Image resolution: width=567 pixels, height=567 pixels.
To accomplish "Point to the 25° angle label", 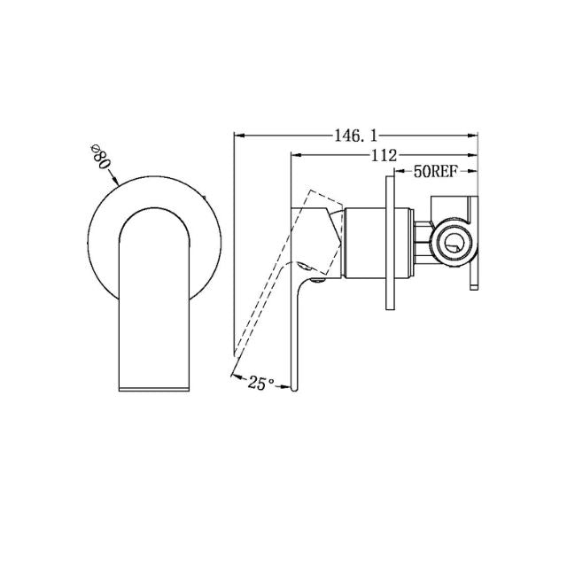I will pos(261,383).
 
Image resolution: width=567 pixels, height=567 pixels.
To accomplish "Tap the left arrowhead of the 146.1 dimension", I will pos(237,136).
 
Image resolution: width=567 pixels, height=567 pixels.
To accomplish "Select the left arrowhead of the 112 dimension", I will pos(296,155).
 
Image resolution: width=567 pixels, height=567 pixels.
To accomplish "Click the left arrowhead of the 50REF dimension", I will pos(396,171).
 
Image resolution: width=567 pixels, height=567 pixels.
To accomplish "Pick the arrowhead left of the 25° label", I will pos(234,377).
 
